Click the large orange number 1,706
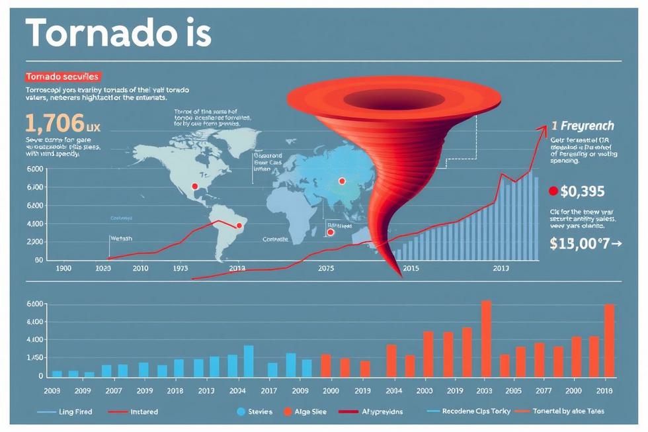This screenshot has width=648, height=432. point(54,123)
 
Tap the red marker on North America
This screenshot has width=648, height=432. point(194,187)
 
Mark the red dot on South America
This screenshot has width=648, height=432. point(239,226)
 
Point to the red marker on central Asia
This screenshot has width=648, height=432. point(342,181)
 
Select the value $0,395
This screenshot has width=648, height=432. point(582,192)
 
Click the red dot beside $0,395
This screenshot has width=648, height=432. point(553,192)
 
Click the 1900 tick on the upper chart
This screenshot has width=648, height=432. point(64,269)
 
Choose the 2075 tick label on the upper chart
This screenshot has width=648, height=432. point(326,269)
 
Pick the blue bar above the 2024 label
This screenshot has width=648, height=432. point(249,361)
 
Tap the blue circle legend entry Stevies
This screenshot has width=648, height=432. point(241,411)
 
